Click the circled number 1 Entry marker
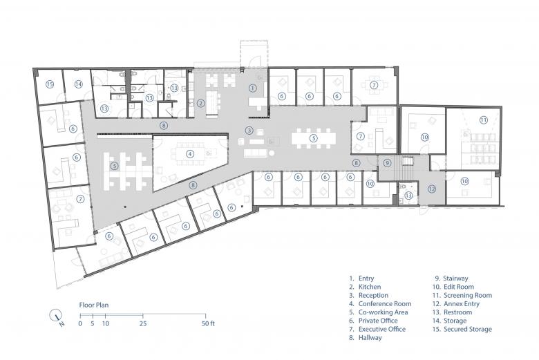[253, 88]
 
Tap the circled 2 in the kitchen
[201, 103]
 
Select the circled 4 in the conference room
[190, 154]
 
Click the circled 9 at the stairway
[388, 162]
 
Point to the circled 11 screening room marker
[484, 120]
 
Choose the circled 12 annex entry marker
[432, 189]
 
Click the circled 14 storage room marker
[79, 84]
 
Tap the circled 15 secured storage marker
[50, 84]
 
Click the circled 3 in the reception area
[249, 131]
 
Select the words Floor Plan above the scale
[94, 305]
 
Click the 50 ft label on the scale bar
[208, 323]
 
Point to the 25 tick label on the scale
[143, 323]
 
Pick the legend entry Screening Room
[468, 295]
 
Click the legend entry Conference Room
[385, 304]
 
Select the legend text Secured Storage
[468, 330]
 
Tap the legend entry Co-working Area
[383, 312]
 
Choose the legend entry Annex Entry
[462, 304]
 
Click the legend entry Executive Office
[382, 330]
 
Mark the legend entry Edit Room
[459, 287]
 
